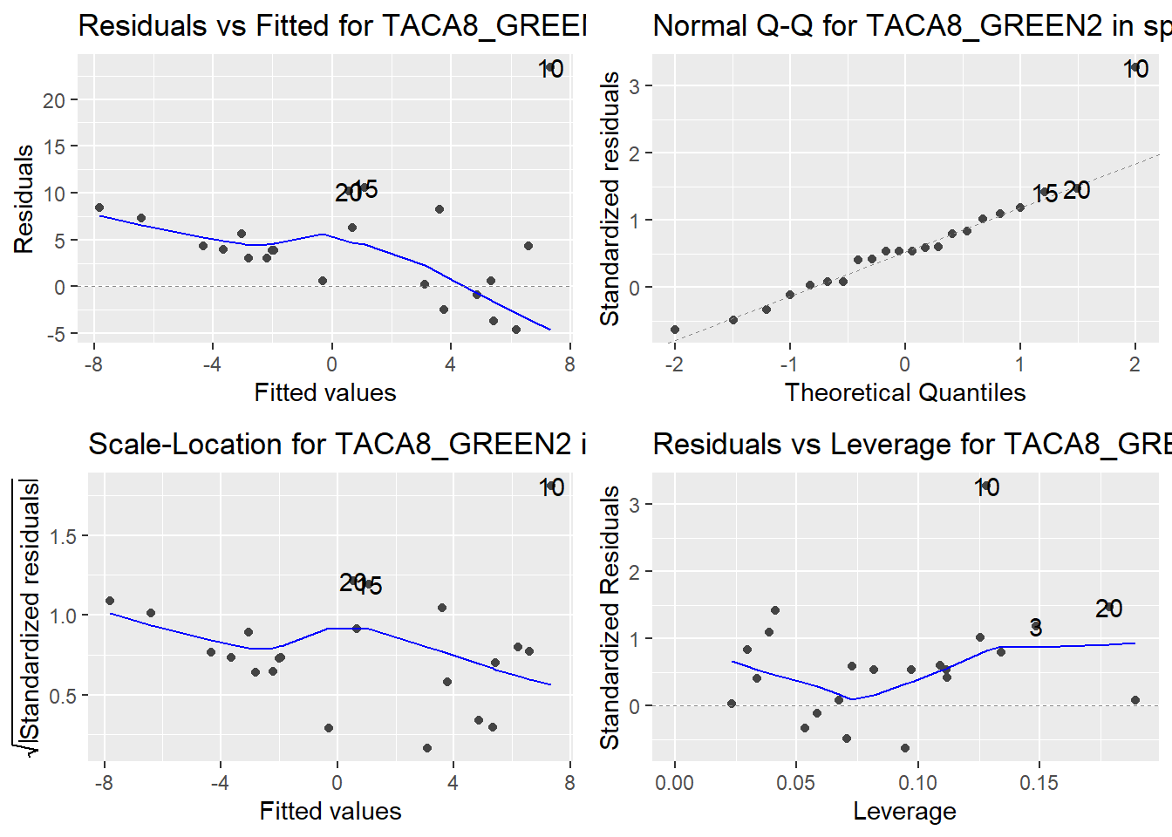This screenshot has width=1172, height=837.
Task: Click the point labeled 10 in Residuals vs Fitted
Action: tap(550, 68)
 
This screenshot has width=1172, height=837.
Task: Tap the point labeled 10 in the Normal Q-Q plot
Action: tap(1135, 68)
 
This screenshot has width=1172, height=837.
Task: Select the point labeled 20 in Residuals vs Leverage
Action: tap(1109, 608)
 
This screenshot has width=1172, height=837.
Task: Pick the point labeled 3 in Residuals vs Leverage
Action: tap(1036, 626)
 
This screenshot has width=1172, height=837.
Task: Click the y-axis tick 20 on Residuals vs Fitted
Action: tap(54, 100)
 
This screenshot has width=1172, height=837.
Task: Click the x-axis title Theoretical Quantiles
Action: tap(904, 392)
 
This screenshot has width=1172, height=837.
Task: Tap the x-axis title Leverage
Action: tap(904, 811)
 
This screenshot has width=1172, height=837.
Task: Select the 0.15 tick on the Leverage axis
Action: tap(1039, 782)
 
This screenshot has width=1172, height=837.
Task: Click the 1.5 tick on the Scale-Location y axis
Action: tap(63, 536)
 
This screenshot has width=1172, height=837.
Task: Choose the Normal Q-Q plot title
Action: tap(911, 25)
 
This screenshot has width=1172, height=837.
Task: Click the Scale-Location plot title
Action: tap(337, 444)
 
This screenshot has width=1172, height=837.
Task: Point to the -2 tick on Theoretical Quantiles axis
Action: tap(674, 364)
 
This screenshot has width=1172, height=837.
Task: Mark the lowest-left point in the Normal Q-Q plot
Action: tap(675, 330)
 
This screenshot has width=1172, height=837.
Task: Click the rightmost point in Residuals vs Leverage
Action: tap(1135, 700)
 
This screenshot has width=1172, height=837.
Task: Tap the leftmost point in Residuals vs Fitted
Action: tap(99, 208)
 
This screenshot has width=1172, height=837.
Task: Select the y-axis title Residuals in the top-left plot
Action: tap(24, 199)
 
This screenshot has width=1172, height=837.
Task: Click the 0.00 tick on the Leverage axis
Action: tap(674, 782)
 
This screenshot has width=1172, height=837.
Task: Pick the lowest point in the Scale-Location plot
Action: tap(427, 748)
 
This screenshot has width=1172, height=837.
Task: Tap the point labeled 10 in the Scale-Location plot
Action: tap(551, 487)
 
